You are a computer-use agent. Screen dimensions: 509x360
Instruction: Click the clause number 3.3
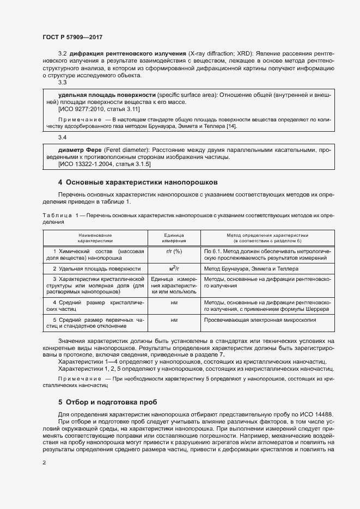tap(63, 82)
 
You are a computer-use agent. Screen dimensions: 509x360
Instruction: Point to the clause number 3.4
tap(63, 137)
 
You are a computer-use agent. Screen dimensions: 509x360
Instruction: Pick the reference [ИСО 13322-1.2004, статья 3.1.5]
tap(105, 163)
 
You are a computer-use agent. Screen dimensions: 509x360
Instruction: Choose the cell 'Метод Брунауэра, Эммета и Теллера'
tap(251, 268)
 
